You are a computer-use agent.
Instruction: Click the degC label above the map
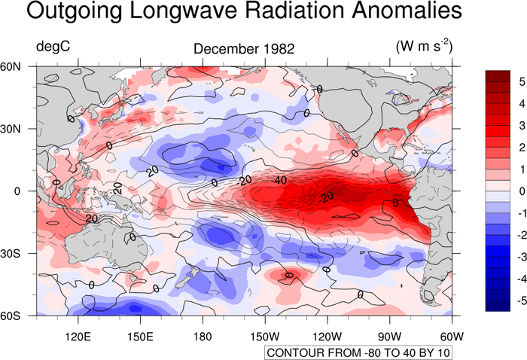click(53, 47)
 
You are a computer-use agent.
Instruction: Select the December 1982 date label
click(244, 49)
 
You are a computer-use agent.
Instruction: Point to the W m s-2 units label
click(425, 46)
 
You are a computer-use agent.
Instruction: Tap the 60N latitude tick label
click(14, 66)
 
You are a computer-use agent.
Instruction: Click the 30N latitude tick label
click(14, 129)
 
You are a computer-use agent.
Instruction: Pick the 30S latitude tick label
click(14, 253)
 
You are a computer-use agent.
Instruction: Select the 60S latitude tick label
click(14, 315)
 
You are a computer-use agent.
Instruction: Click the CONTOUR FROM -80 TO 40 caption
click(358, 353)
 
